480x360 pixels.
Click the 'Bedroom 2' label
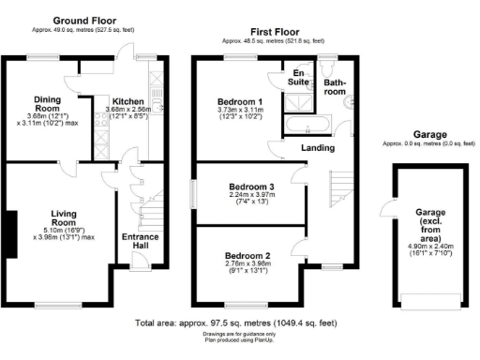pos(249,254)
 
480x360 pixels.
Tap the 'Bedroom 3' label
pos(252,187)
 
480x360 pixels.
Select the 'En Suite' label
pos(299,78)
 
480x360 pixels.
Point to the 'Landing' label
pos(319,148)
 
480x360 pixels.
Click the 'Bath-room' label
pos(336,87)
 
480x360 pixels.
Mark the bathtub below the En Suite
pos(305,125)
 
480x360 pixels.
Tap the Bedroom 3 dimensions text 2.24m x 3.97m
pos(252,197)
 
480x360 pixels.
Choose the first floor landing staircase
pos(341,187)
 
